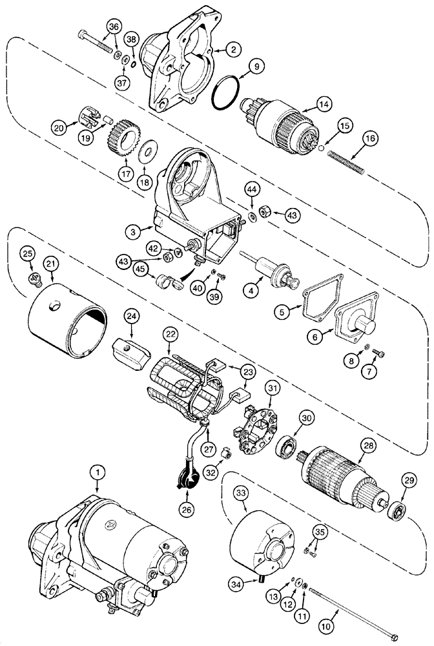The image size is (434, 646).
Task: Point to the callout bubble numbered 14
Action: click(324, 103)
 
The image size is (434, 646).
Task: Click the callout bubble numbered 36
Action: click(114, 27)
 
